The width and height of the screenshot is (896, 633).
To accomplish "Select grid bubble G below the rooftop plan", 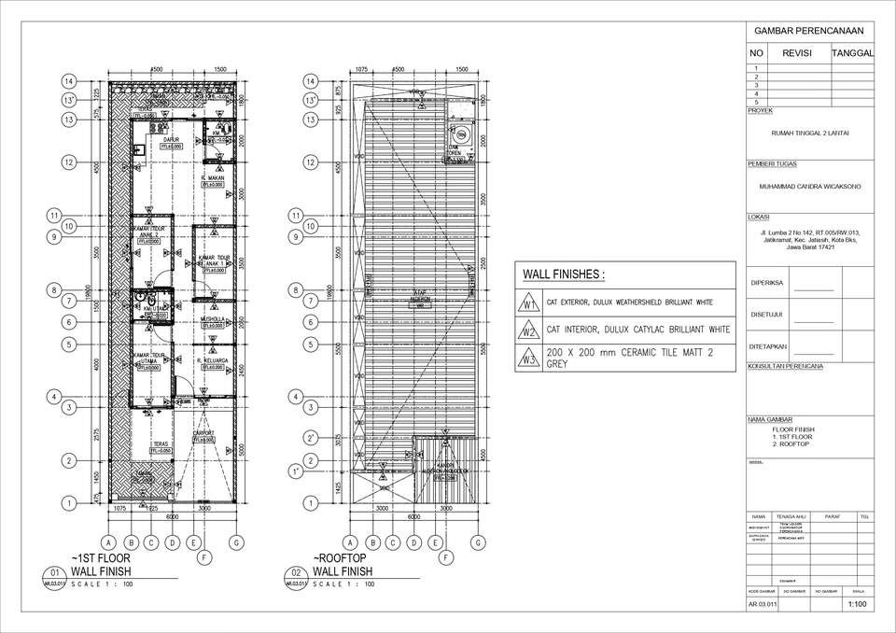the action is tap(479, 542).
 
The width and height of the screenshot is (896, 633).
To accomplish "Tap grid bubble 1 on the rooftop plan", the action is tap(308, 504).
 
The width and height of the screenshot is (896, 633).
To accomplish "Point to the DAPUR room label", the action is tap(171, 139).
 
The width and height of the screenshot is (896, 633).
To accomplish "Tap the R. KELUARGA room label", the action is tap(214, 359).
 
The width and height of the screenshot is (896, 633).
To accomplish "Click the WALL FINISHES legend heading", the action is tap(563, 275).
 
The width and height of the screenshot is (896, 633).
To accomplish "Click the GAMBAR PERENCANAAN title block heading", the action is tap(809, 31).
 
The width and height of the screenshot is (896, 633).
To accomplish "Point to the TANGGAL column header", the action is tap(852, 54).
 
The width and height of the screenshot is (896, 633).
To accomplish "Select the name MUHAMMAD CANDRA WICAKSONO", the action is tap(809, 187).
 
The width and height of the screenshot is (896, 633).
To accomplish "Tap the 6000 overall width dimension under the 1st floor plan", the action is tap(173, 517).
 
